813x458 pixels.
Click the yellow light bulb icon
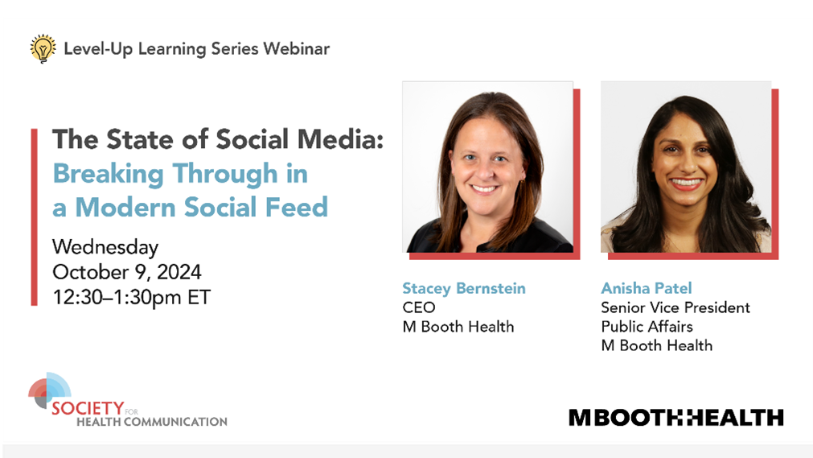coord(43,48)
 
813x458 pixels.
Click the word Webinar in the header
coord(296,49)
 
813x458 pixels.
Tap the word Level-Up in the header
coord(98,49)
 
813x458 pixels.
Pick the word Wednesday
coord(105,248)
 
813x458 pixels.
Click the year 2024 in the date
coord(179,272)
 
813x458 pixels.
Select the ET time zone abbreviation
coord(199,298)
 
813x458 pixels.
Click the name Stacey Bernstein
coord(463,289)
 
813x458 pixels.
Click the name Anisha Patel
coord(646,288)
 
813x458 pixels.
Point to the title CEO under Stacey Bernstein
coord(418,307)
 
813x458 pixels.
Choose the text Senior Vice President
coord(675,307)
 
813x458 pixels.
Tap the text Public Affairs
coord(647,327)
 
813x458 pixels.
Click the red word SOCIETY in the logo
coord(88,408)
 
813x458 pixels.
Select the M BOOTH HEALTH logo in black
coord(676,418)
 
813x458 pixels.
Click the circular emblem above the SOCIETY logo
coord(49,390)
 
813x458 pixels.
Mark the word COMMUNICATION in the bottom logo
coord(175,422)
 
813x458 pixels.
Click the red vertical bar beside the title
coord(35,217)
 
